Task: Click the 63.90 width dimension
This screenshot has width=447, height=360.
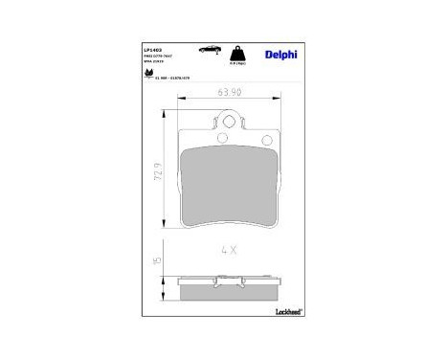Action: (x=228, y=94)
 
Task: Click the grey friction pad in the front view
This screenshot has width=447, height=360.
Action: (x=227, y=187)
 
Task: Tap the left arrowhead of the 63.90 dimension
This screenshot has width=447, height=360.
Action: (x=182, y=103)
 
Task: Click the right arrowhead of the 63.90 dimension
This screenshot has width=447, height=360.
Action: (x=275, y=103)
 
